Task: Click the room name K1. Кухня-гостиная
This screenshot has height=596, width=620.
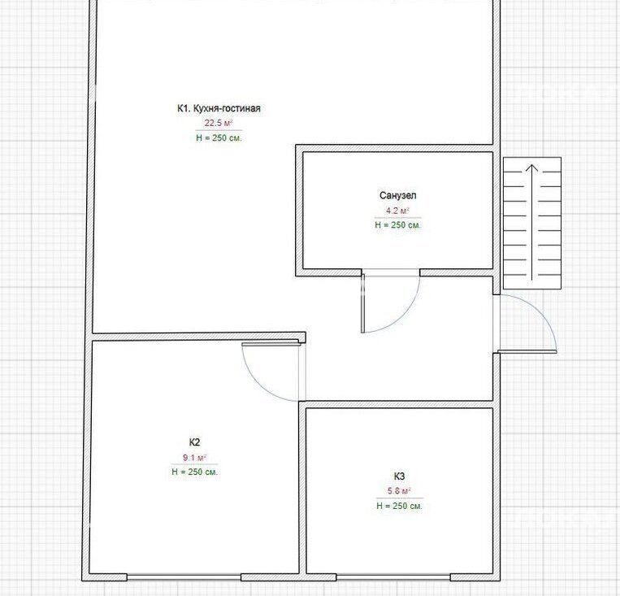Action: pos(219,108)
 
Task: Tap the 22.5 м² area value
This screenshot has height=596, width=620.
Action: pos(219,123)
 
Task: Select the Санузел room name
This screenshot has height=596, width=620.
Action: pos(398,195)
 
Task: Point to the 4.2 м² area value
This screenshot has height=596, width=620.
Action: pos(398,211)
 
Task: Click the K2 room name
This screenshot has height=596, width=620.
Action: pos(194,442)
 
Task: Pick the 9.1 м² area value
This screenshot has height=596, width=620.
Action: pos(194,458)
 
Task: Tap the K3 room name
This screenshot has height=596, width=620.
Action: pos(399,476)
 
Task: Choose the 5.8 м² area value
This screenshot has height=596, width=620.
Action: pos(399,491)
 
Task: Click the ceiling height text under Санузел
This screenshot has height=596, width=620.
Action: pos(398,224)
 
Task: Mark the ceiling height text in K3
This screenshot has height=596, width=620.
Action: pos(399,506)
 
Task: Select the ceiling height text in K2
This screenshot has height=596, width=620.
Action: pos(194,472)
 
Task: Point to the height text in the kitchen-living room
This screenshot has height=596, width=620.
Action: pos(219,137)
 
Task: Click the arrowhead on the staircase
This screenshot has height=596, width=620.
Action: pos(532,168)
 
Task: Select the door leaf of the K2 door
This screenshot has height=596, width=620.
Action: pos(271,344)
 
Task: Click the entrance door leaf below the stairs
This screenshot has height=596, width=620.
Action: pos(527,351)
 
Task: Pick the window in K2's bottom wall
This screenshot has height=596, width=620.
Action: pos(184,577)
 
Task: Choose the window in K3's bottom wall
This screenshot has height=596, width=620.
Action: pos(393,577)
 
